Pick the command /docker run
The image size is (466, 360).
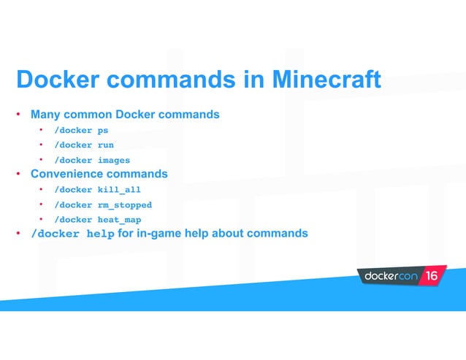[x=84, y=145]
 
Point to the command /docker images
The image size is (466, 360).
[x=92, y=160]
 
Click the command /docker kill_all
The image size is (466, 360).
[x=97, y=190]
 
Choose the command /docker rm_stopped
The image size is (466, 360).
[x=103, y=205]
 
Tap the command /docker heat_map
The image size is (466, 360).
[x=97, y=220]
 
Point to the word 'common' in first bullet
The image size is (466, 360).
[x=91, y=115]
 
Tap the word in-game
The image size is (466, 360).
[x=160, y=234]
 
